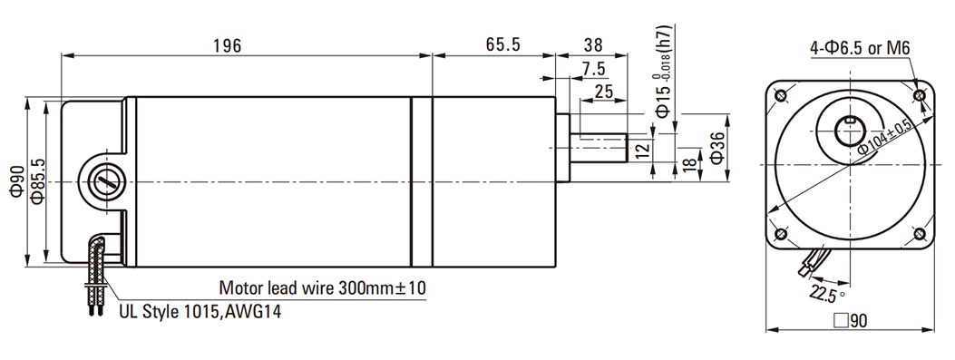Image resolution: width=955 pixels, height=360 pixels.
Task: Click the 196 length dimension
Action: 227,45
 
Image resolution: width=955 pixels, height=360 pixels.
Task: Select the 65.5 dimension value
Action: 503,45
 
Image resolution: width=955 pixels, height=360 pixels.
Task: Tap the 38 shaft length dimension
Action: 592,45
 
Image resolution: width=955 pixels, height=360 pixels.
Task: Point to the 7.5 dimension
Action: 594,70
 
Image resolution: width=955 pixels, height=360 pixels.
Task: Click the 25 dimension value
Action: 603,92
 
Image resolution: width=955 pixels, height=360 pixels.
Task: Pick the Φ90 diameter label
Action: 16,181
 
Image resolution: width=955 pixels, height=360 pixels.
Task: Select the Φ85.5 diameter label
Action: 37,181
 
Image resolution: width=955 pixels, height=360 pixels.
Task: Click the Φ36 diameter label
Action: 716,148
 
